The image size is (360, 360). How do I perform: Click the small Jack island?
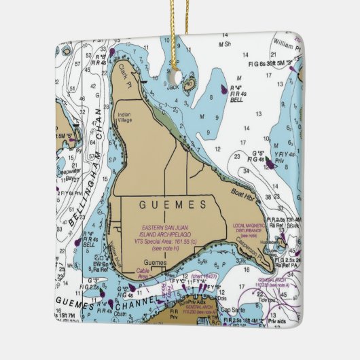[x=188, y=84]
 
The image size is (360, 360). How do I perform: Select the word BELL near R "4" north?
[x=237, y=99]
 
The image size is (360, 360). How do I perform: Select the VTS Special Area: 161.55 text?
[x=165, y=240]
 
